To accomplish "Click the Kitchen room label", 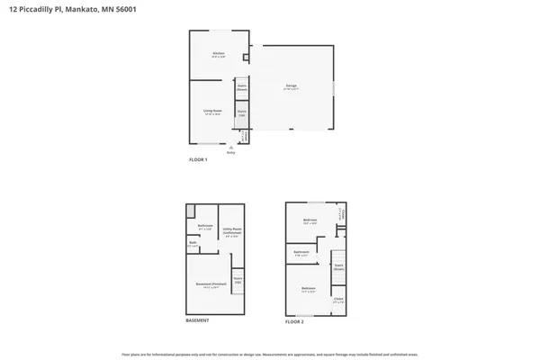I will (219, 56).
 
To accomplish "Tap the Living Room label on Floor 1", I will (212, 112).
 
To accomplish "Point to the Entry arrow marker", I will (231, 148).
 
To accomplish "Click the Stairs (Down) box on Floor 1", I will (242, 89).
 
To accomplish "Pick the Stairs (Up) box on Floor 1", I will (242, 113).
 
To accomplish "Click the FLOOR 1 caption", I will (198, 159).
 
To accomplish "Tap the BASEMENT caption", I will (198, 321).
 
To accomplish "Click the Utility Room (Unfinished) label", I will (230, 234).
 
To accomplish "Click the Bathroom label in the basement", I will (204, 227).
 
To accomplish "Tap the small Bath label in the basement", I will (193, 244).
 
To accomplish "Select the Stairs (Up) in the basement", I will (238, 280).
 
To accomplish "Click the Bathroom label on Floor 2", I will (301, 253).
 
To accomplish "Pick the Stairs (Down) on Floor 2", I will (338, 266).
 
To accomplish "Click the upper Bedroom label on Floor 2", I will (310, 221).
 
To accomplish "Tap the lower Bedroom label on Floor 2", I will (308, 290).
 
